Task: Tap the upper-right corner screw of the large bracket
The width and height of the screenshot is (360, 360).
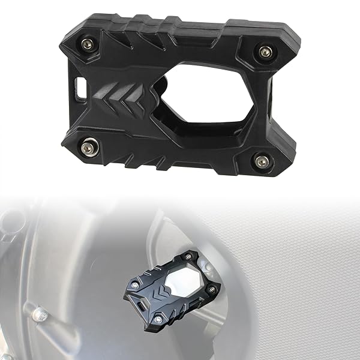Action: [265, 52]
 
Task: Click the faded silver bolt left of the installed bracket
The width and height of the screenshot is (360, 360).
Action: [40, 313]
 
